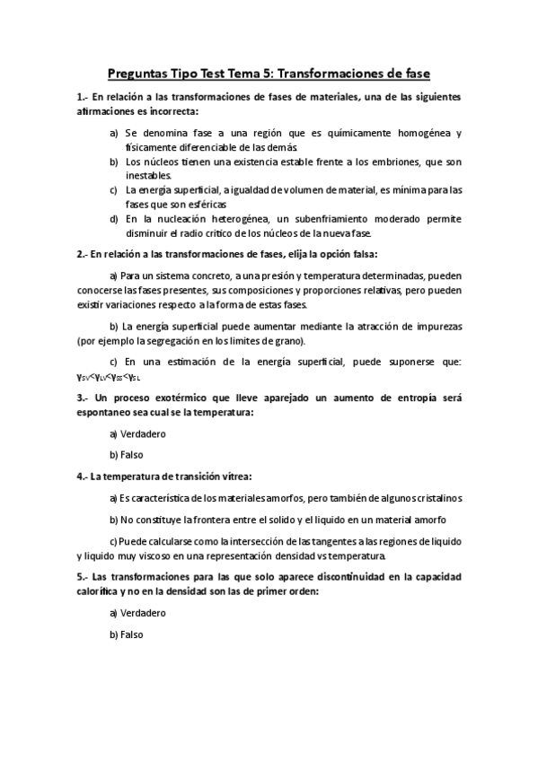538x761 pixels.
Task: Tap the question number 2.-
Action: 83,253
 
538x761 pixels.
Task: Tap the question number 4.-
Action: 83,476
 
